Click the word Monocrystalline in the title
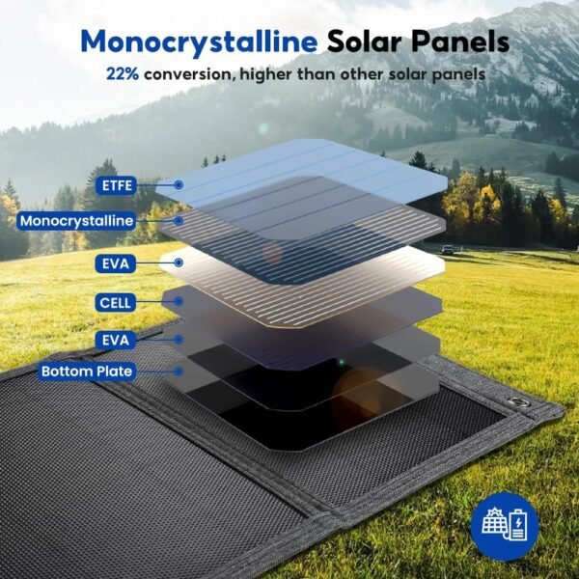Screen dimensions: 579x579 point(199,42)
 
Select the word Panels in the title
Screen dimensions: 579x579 point(460,41)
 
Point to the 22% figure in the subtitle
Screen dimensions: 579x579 point(123,74)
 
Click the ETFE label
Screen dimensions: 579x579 point(117,185)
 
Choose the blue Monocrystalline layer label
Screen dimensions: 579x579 point(76,221)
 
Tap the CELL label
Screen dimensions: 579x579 point(115,303)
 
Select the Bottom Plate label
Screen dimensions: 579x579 point(87,372)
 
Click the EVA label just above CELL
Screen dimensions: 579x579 point(116,263)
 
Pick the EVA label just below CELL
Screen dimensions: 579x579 point(116,340)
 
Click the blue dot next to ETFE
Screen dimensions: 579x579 point(179,185)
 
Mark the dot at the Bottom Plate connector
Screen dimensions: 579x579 point(179,372)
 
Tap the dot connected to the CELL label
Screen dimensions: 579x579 point(179,301)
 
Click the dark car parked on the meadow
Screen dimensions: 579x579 point(448,250)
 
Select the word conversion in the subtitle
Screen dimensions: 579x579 point(189,74)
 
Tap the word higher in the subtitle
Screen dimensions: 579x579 point(266,74)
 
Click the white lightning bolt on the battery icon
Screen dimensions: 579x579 point(519,523)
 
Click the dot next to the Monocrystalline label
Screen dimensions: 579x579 point(179,221)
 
